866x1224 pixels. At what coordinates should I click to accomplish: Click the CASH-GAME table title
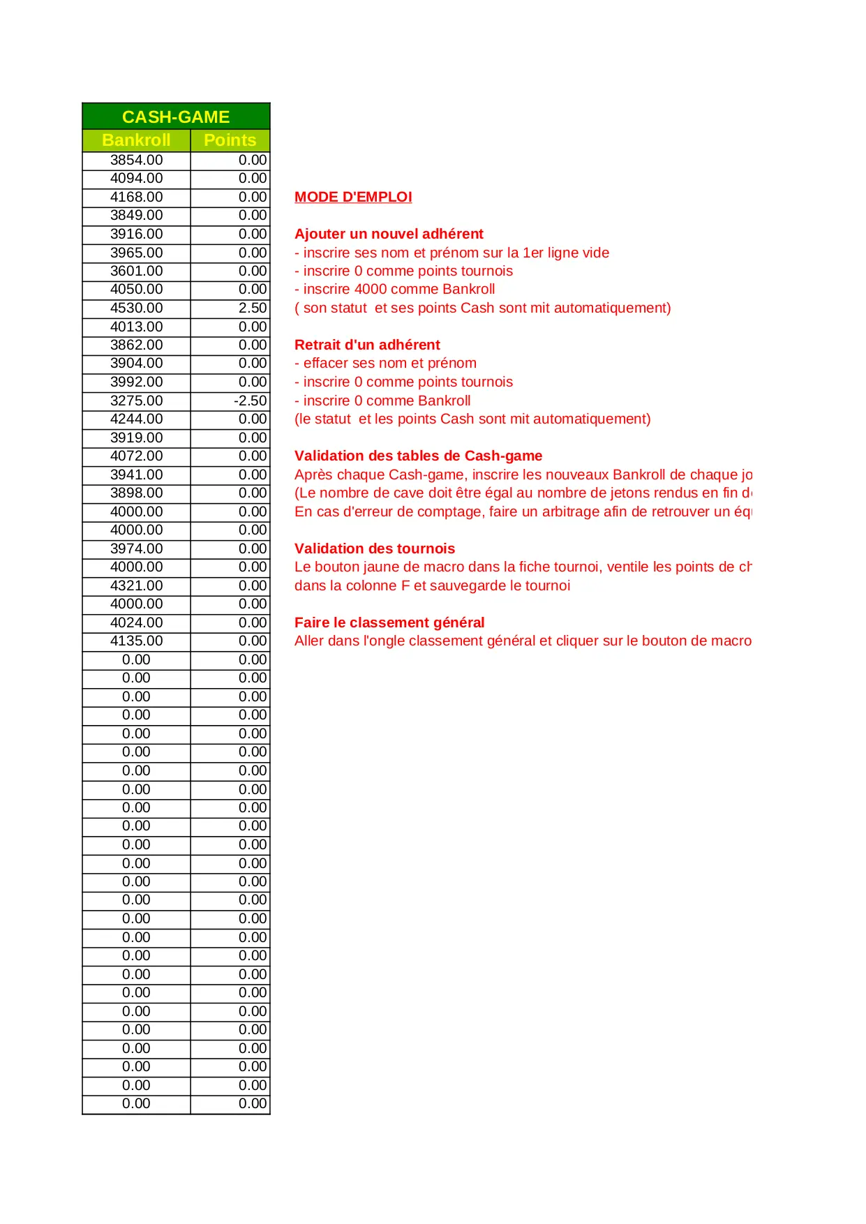coord(176,117)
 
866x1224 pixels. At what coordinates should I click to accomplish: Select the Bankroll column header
coord(136,140)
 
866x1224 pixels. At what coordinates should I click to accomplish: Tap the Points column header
coord(230,140)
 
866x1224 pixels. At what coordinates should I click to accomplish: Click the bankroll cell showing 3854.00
coord(136,160)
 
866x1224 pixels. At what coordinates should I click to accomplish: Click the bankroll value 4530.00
coord(136,308)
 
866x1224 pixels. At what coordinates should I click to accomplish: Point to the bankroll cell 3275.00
coord(136,401)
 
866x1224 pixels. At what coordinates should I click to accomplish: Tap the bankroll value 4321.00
coord(136,585)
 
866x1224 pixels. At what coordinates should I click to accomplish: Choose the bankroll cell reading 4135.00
coord(136,641)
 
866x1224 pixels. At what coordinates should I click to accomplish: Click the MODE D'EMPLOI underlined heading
coord(353,197)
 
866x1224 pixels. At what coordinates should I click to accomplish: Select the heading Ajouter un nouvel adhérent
coord(389,234)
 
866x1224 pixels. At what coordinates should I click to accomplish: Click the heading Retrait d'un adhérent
coord(367,345)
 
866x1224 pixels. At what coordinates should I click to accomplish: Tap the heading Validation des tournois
coord(375,548)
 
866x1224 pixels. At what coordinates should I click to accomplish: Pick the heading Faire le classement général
coord(389,622)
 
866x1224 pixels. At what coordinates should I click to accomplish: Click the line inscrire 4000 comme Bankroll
coord(395,289)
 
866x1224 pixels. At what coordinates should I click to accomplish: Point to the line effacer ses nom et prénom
coord(386,363)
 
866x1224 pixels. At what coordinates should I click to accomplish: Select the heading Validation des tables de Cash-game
coord(418,456)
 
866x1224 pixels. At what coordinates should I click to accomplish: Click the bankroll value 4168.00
coord(136,197)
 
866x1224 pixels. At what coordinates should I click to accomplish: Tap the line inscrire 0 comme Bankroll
coord(382,401)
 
